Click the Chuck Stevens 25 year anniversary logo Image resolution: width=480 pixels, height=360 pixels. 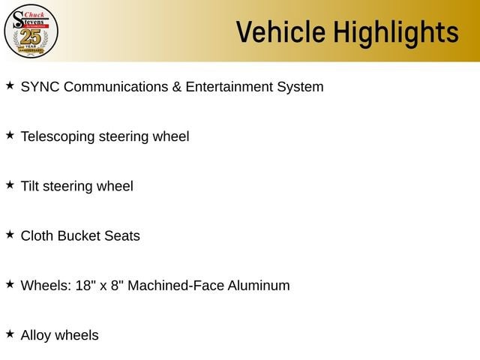tap(31, 31)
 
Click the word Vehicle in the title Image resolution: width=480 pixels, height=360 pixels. tap(280, 31)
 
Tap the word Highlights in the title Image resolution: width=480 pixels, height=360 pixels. tap(396, 34)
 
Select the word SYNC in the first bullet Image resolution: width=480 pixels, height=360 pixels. tap(40, 87)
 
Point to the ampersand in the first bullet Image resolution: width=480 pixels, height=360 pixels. tap(177, 87)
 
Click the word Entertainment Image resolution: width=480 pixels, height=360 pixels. tap(229, 87)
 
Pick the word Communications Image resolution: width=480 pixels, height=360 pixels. tap(116, 87)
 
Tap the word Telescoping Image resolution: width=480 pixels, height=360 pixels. tap(58, 136)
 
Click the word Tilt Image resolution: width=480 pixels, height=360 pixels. tap(30, 186)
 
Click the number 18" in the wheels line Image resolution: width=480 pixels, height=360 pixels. tap(83, 285)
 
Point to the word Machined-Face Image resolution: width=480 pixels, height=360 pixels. tap(175, 285)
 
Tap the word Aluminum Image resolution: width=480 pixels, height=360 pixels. tap(259, 285)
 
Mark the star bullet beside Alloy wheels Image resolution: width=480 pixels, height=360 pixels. tap(10, 334)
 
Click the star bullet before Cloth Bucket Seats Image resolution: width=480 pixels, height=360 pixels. tap(10, 235)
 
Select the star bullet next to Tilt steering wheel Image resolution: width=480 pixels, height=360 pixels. tap(10, 184)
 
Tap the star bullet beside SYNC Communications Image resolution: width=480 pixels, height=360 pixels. tap(10, 85)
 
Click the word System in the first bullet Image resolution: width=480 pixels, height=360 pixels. tap(300, 88)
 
